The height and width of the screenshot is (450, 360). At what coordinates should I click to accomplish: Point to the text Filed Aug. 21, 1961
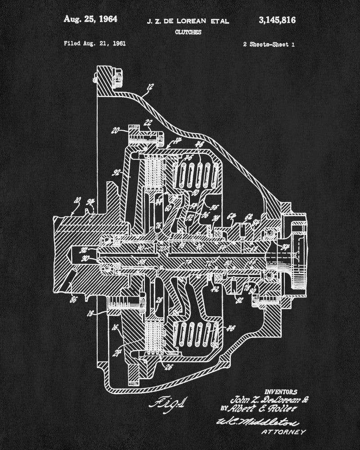[94, 44]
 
